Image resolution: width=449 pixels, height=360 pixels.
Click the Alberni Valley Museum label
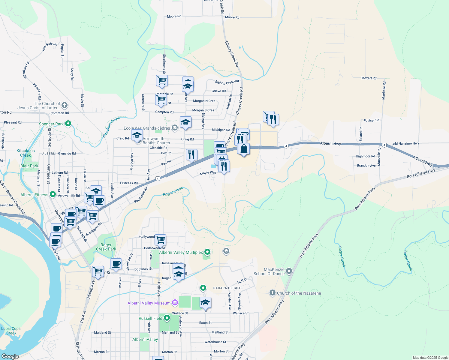coord(149,303)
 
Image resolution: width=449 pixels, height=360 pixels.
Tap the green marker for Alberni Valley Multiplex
coord(207,252)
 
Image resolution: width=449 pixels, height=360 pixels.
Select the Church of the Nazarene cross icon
coord(272,293)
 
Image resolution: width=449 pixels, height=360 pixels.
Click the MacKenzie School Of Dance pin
coord(289,271)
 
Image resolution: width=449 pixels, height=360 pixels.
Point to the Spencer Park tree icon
coord(68,123)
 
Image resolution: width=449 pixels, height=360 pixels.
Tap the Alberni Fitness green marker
coord(53,194)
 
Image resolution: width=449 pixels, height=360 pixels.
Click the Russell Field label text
coord(150,318)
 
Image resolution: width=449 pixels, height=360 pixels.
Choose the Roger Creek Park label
coord(106,247)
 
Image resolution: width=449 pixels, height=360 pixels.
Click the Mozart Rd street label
coord(369,78)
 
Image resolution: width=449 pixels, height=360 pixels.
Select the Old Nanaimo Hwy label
coord(406,143)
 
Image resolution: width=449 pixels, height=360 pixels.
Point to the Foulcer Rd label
coord(371,120)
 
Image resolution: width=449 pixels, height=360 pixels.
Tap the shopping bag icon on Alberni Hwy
coord(244,149)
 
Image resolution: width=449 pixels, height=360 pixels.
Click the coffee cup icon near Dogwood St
coord(116,264)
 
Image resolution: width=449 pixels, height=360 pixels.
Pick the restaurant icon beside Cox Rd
coord(191,155)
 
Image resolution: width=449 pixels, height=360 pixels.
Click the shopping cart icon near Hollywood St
coord(161,240)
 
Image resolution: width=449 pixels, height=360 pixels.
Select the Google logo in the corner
coord(10,356)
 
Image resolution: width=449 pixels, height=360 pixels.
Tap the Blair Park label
coord(29,166)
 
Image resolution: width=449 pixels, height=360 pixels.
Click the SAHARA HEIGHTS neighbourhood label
coord(228,288)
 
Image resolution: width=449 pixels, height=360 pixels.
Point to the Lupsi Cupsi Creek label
coord(11,331)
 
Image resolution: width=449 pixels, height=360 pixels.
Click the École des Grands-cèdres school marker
coord(174,128)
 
